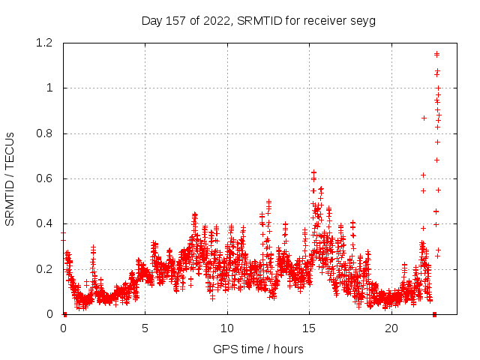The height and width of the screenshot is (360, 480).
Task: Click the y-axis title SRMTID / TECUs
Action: (x=10, y=178)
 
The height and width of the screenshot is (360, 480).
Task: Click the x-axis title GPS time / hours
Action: (x=258, y=349)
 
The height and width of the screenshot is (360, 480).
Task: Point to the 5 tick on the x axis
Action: (x=145, y=328)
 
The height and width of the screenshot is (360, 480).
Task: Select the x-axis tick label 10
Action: (x=227, y=328)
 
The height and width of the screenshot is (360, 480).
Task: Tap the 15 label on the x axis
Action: (x=309, y=328)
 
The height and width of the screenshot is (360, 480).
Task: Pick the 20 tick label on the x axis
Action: (x=391, y=328)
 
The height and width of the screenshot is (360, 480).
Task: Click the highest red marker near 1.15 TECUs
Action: (x=436, y=54)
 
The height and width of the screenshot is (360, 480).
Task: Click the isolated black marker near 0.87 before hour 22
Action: (x=424, y=118)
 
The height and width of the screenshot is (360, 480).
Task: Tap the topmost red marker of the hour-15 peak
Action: (x=313, y=172)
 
